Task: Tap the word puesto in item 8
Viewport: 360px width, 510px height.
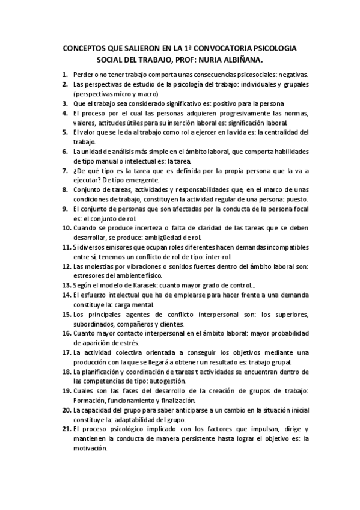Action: click(295, 199)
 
